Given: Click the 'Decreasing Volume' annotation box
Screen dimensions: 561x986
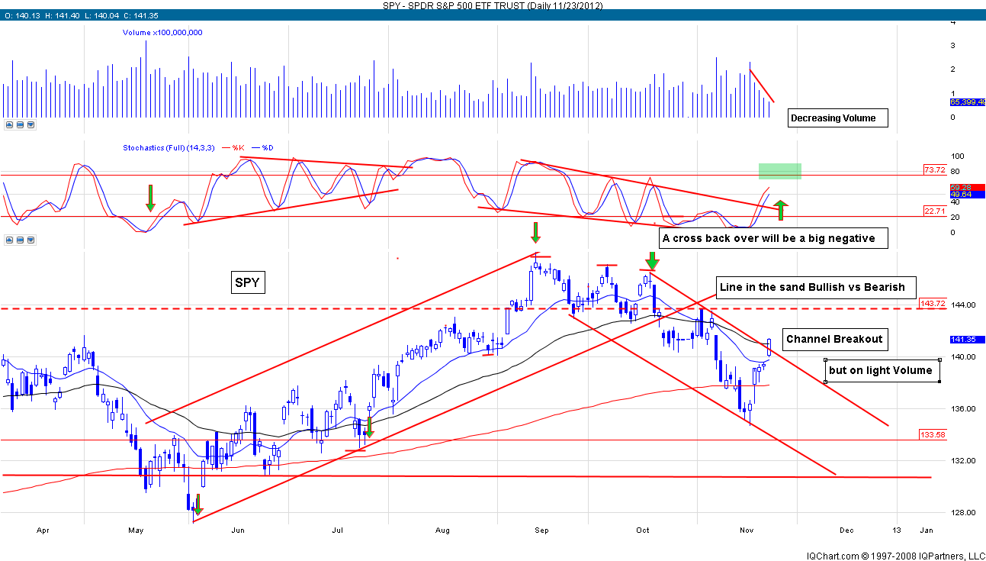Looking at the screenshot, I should (x=838, y=118).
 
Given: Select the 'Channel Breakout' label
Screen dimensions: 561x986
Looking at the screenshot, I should (x=833, y=340).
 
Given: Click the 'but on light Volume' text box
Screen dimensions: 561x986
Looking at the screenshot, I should (x=881, y=370).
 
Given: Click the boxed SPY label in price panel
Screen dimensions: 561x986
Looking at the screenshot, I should (x=247, y=284).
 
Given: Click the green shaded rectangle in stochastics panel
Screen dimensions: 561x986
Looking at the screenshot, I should (x=779, y=171).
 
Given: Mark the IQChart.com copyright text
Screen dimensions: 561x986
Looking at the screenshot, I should (x=894, y=555).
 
